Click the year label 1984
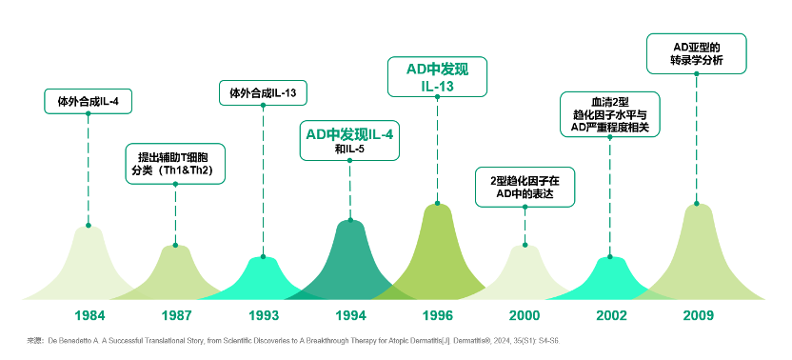89,315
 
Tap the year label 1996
438,315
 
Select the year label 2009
699,315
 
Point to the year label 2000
525,315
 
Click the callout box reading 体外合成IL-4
88,102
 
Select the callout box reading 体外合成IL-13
263,93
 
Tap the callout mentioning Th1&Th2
175,164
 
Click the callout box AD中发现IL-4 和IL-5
349,141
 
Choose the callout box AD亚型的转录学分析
697,53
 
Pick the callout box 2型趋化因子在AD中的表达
525,187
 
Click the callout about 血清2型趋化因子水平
609,114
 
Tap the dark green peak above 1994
350,263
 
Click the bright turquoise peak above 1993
263,281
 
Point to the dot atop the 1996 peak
438,203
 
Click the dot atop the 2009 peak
697,203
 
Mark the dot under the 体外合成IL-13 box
263,105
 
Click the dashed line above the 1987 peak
175,214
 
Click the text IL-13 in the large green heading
438,87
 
